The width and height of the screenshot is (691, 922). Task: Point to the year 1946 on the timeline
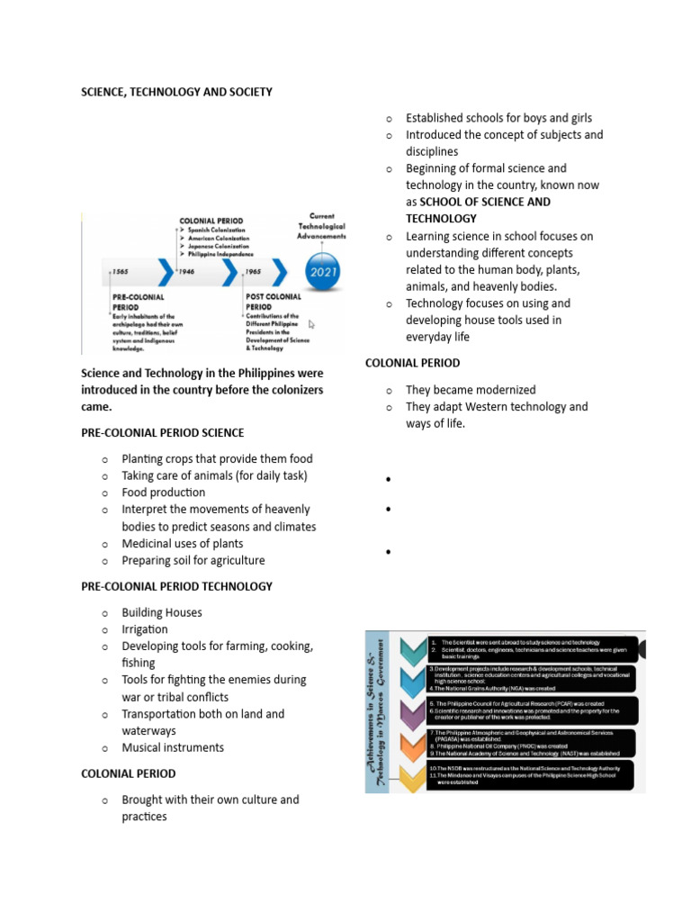coord(187,270)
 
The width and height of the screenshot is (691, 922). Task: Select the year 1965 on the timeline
coord(253,270)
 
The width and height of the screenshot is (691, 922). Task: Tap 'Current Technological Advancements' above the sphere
coord(321,226)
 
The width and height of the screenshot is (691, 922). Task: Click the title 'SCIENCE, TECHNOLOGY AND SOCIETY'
coord(176,92)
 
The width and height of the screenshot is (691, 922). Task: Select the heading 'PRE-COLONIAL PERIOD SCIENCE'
coord(162,433)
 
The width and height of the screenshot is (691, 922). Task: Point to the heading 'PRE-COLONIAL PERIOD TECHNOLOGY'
coord(176,586)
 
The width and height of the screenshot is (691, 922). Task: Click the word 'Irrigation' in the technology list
coord(145,629)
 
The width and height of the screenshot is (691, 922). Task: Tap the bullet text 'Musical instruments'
coord(173,747)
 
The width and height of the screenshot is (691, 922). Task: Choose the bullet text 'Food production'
coord(164,493)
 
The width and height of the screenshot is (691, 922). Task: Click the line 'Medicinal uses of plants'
coord(183,544)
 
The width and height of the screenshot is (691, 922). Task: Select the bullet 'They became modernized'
coord(471,390)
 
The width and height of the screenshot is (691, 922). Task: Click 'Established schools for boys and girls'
coord(498,118)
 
